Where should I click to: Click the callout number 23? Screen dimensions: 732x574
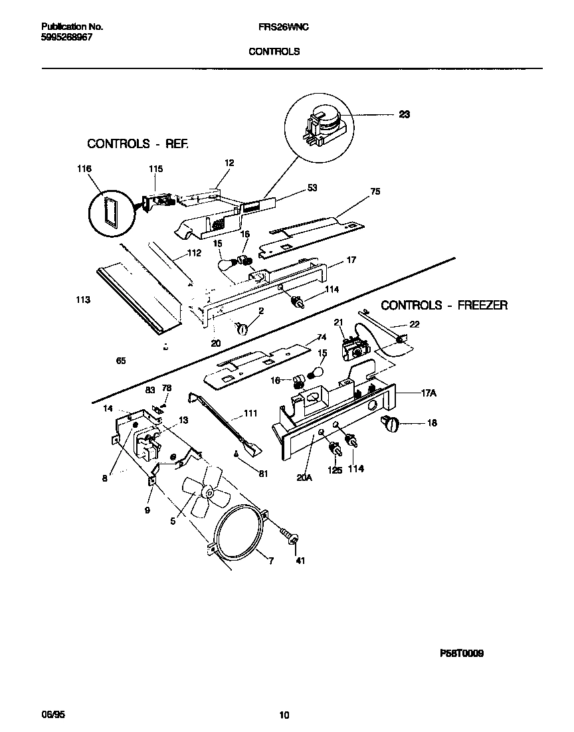404,114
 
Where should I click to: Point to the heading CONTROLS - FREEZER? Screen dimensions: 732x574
444,305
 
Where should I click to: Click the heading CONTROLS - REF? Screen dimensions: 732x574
138,143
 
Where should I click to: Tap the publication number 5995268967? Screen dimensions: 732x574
66,38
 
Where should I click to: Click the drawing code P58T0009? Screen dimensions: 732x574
461,654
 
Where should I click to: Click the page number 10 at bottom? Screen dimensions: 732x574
284,715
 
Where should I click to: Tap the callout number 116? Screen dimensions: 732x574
84,169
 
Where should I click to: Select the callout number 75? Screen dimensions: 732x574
375,191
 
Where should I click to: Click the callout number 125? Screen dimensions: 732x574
335,470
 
